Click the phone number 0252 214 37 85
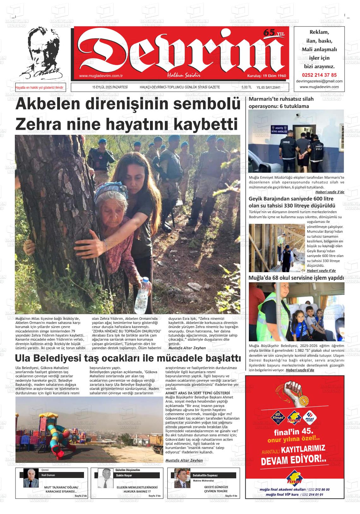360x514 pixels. (319, 75)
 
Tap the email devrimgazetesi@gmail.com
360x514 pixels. (319, 81)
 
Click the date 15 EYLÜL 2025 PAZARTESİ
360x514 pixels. (110, 87)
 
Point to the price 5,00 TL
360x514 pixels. (246, 87)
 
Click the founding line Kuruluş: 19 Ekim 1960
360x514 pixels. (266, 76)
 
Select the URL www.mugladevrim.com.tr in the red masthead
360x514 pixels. (101, 76)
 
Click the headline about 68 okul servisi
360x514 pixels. (296, 278)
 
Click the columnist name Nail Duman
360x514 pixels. (48, 475)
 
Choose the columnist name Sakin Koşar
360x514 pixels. (124, 475)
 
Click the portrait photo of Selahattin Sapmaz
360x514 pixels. (182, 478)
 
